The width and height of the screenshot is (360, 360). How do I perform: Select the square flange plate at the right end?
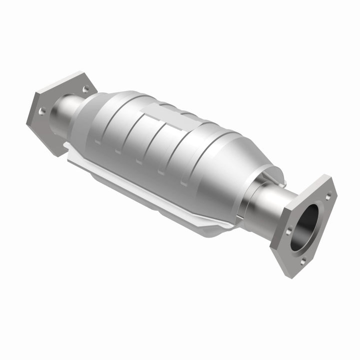click(x=304, y=225)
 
